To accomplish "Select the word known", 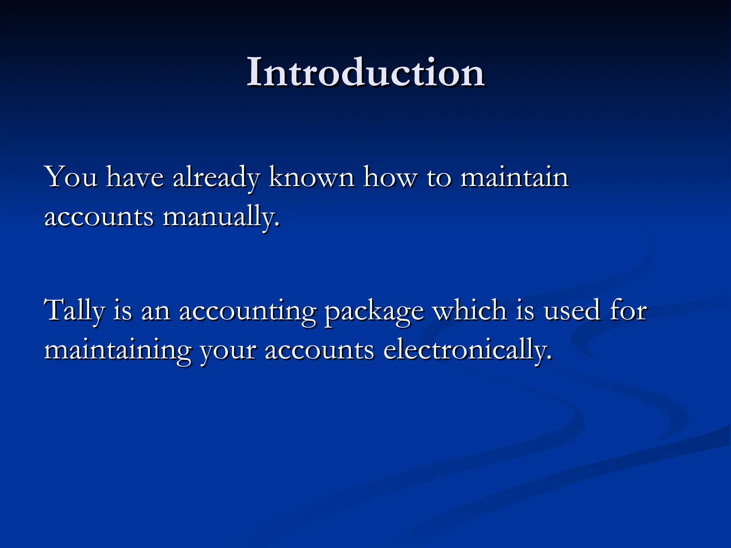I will tap(312, 177).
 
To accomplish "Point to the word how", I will tap(390, 177).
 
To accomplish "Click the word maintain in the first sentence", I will tap(514, 177).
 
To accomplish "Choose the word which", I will tap(470, 310).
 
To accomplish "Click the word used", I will tap(572, 310).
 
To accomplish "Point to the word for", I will tap(628, 310).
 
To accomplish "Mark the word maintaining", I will tap(118, 351).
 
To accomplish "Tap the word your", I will tap(228, 352).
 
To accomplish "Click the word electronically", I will tap(468, 351).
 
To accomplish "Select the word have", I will tap(135, 177).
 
